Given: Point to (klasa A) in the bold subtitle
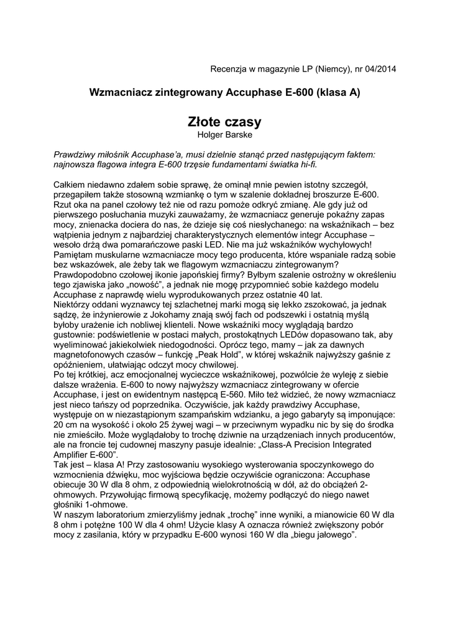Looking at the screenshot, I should (338, 92).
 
